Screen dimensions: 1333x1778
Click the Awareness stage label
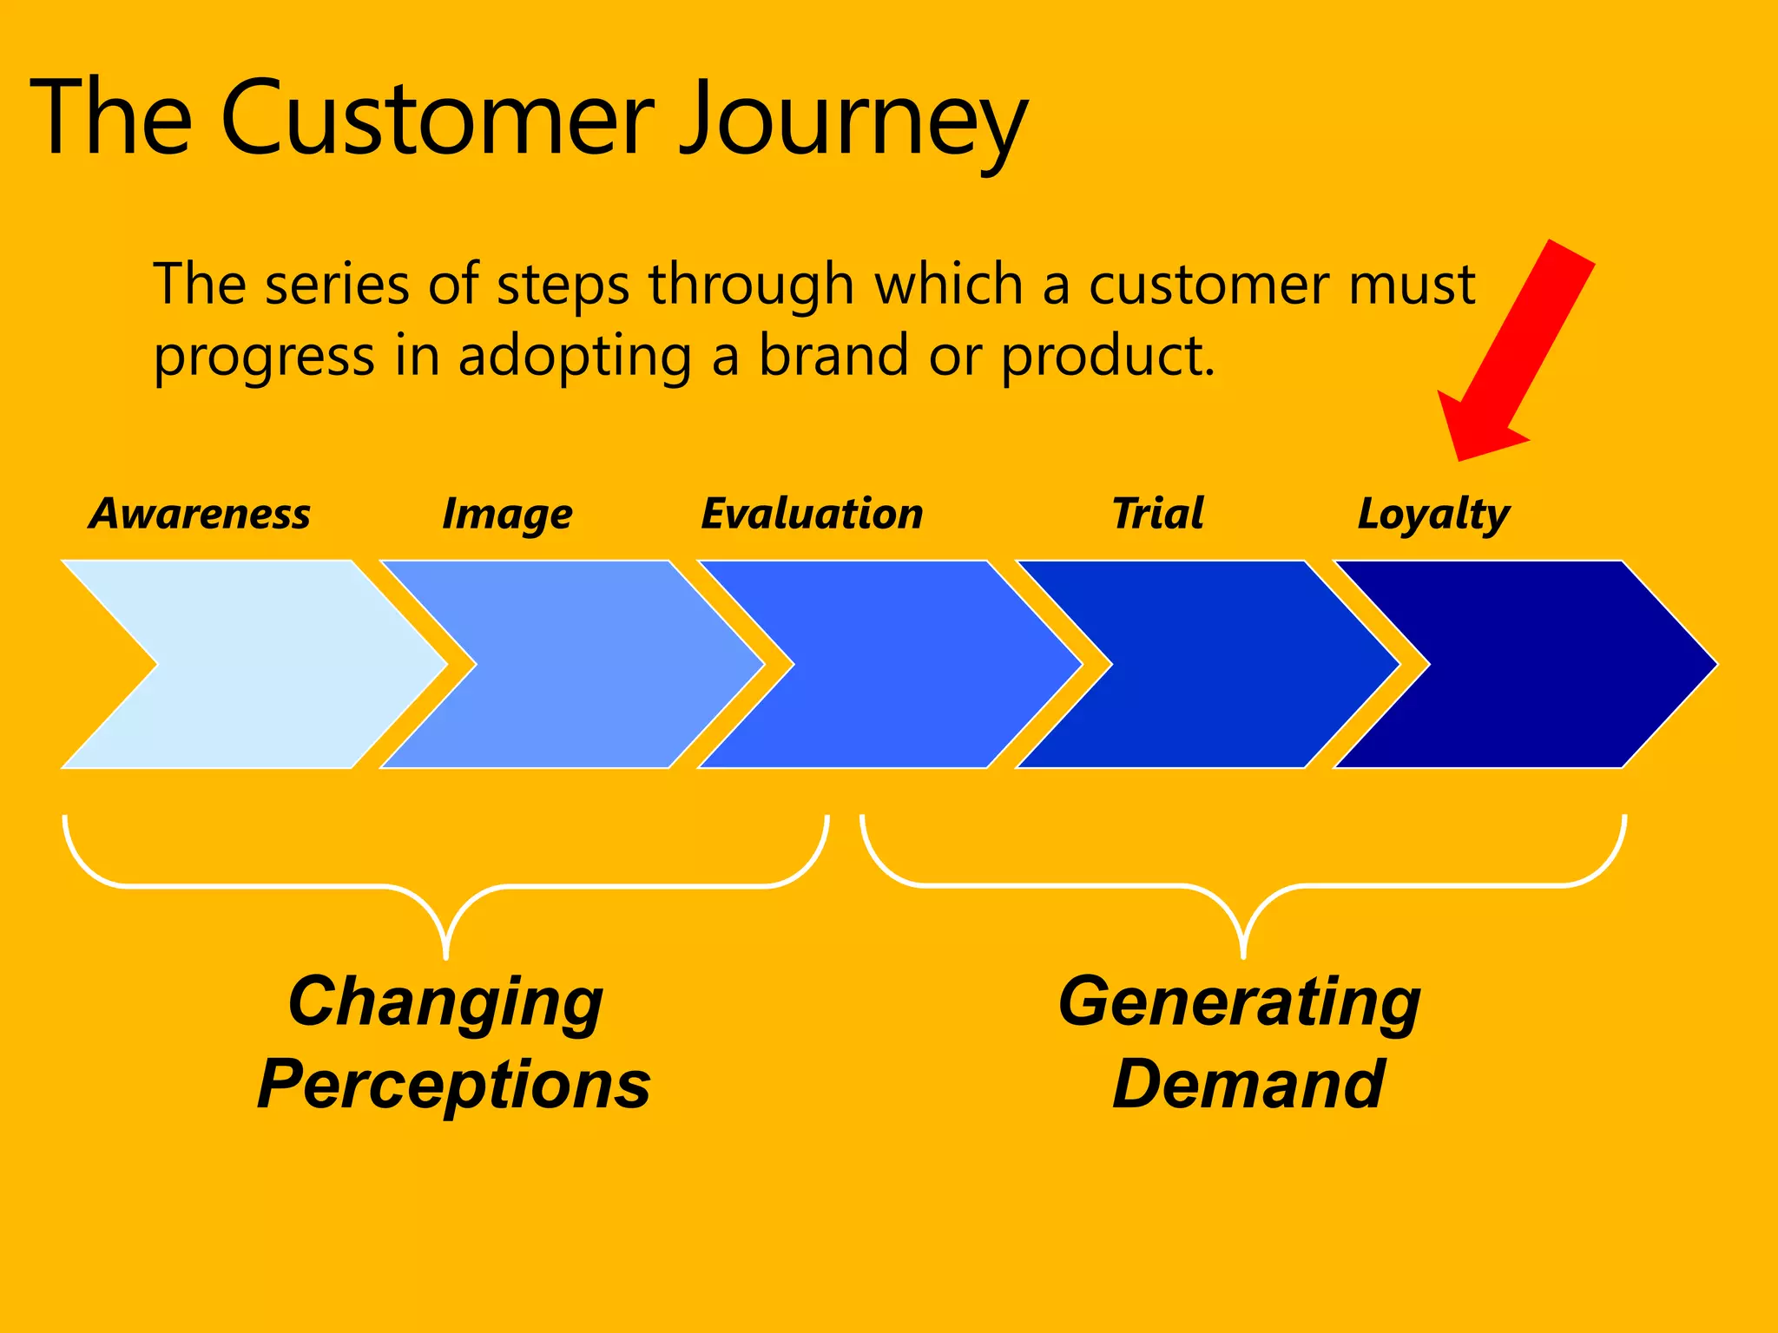pos(200,513)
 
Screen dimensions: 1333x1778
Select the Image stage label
pos(507,515)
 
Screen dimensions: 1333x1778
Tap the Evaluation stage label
pos(812,513)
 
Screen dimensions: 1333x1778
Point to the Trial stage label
pos(1158,513)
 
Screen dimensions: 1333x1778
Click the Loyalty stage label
pos(1433,515)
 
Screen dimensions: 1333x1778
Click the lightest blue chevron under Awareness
pos(260,665)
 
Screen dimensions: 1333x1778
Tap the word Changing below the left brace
pos(445,1002)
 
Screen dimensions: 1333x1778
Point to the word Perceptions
pos(454,1085)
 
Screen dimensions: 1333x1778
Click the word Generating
pos(1240,1002)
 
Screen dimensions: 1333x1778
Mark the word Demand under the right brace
pos(1248,1085)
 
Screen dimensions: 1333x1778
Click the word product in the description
pos(1107,357)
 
